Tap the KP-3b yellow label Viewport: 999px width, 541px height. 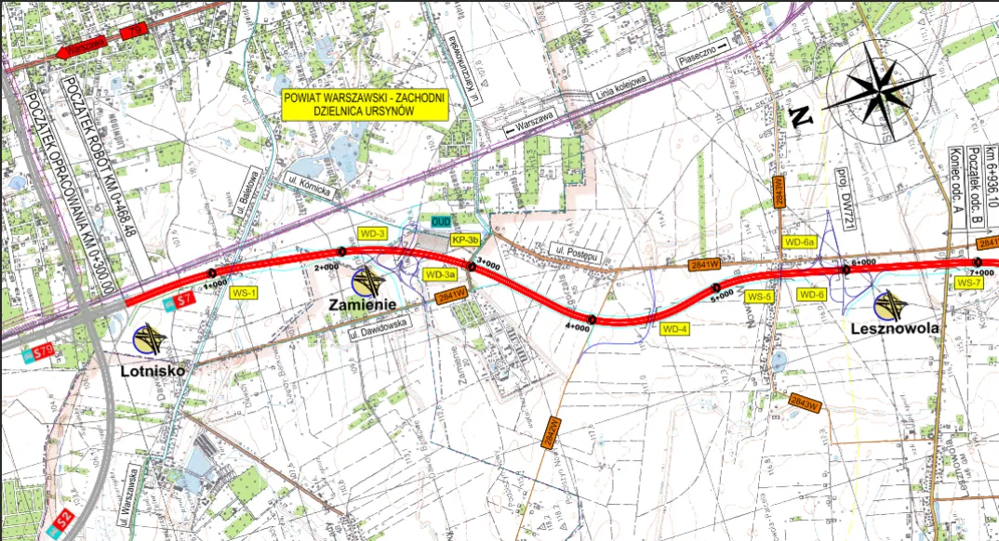click(x=464, y=240)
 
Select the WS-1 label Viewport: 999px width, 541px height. click(x=244, y=292)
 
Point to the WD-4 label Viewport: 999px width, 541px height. click(x=674, y=328)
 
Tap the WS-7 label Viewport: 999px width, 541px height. click(x=969, y=282)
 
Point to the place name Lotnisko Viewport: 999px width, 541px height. click(x=153, y=370)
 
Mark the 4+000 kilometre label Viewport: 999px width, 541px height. click(x=578, y=327)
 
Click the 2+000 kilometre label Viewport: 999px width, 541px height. click(x=326, y=267)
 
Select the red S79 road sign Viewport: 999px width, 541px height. click(x=40, y=351)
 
